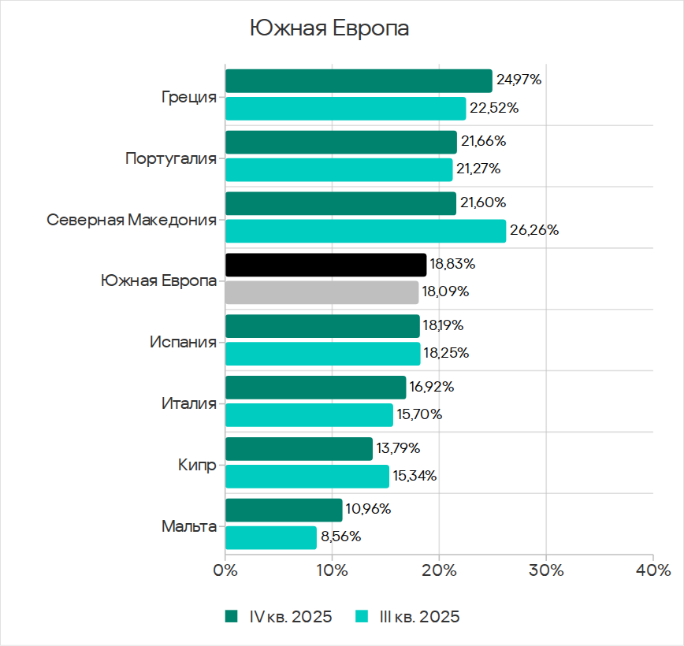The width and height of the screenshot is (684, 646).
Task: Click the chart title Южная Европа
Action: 329,29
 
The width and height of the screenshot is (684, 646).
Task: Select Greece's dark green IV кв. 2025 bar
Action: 359,80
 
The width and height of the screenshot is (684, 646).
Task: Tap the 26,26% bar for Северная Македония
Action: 366,231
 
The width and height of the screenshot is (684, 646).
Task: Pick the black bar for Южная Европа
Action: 325,265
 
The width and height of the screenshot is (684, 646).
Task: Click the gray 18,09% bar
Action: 322,292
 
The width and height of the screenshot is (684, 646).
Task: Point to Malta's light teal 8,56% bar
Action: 271,537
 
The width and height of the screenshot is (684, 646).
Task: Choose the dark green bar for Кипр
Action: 299,449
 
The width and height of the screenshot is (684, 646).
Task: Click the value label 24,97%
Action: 519,80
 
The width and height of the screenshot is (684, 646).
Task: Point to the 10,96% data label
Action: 368,510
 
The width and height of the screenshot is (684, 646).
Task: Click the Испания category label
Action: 183,343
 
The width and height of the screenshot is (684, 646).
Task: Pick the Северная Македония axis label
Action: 132,220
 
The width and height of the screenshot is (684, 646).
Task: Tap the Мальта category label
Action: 189,526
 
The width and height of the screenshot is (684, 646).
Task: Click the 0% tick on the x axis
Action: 225,570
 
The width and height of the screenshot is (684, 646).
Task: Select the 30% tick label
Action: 546,570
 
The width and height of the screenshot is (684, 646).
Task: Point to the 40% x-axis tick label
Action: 652,570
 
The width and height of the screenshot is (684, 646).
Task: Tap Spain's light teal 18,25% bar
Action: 322,354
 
